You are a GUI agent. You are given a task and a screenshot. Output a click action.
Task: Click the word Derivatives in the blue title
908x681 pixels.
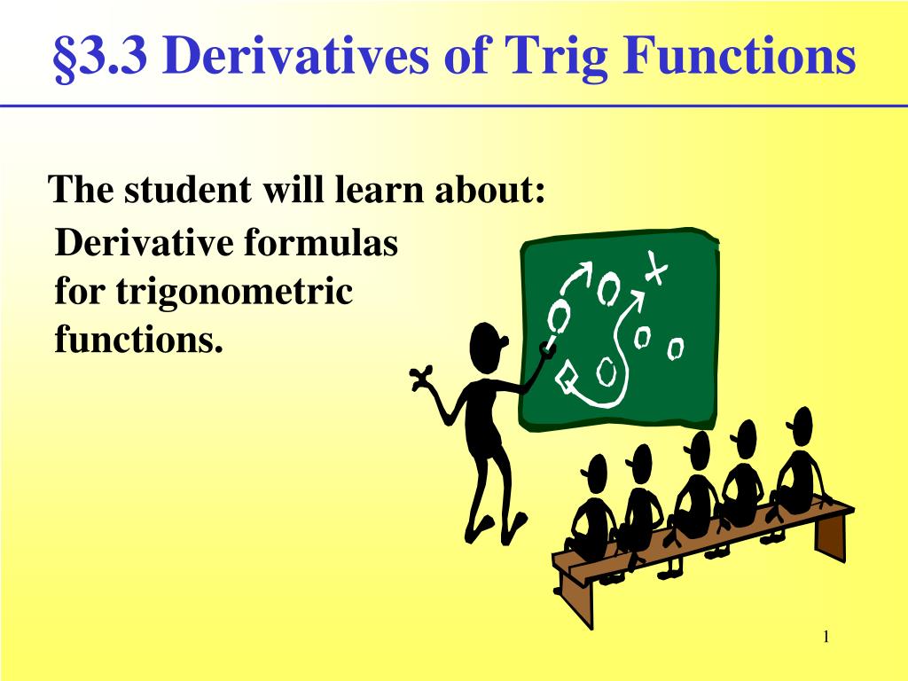(x=296, y=55)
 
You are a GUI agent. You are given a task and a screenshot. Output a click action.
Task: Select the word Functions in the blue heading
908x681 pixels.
(x=739, y=55)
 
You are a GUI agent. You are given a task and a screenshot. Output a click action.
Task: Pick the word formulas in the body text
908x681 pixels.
(x=321, y=242)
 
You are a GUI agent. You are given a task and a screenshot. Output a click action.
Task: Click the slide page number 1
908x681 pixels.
(x=826, y=637)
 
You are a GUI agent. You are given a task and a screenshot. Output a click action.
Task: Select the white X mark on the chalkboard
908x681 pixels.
(x=655, y=268)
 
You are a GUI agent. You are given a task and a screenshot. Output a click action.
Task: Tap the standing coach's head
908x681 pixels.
(x=487, y=348)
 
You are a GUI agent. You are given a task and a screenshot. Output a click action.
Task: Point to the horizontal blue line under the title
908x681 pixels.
(x=454, y=106)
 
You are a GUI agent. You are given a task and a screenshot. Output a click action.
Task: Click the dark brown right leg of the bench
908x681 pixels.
(x=832, y=536)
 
